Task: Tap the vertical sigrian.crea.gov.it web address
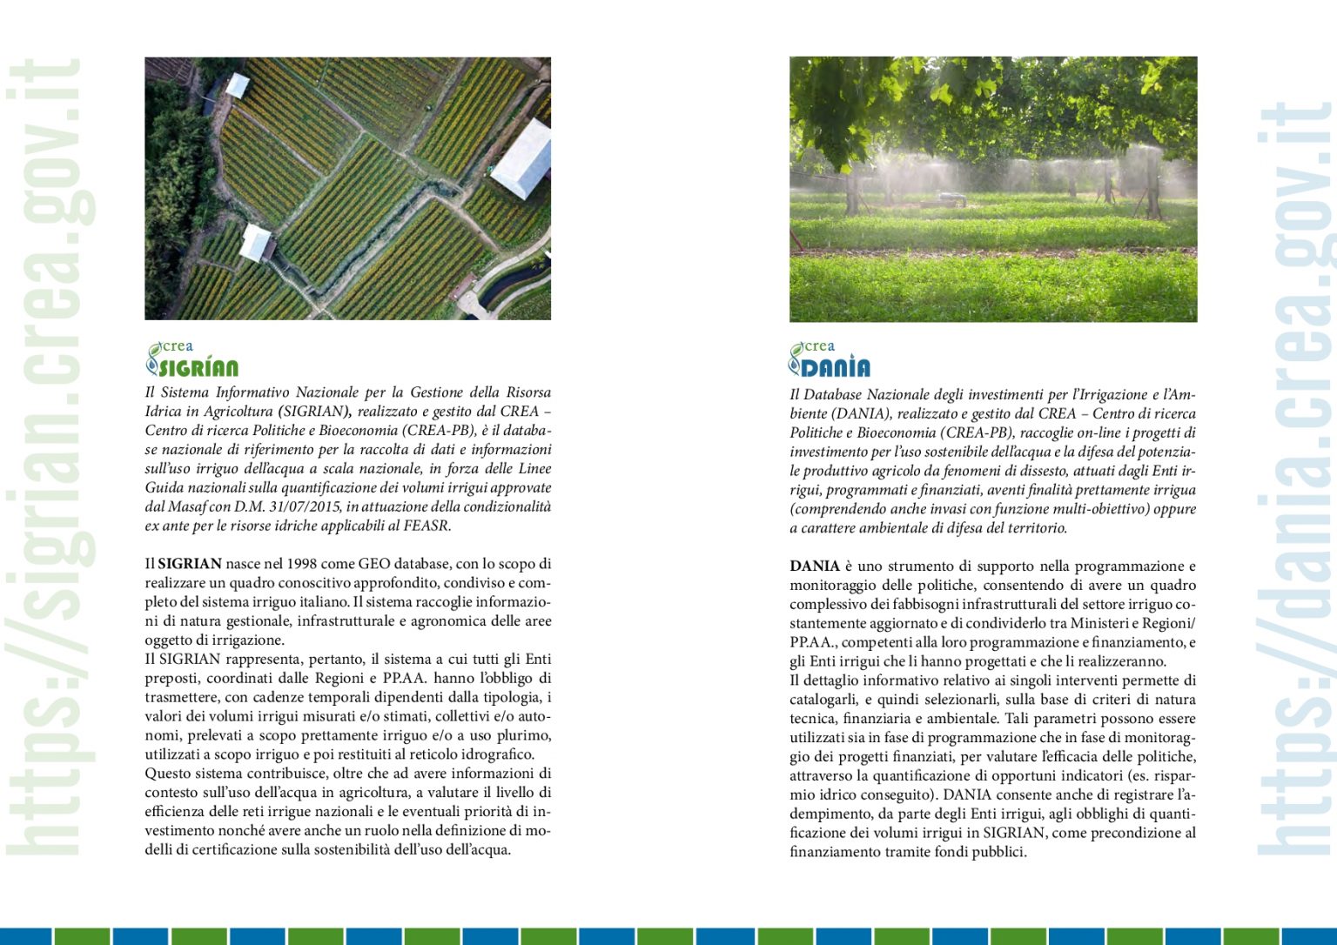point(50,457)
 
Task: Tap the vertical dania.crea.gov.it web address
point(1295,479)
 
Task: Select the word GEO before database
point(374,564)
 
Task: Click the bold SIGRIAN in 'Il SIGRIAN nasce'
point(190,564)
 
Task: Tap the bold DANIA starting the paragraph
point(814,566)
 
